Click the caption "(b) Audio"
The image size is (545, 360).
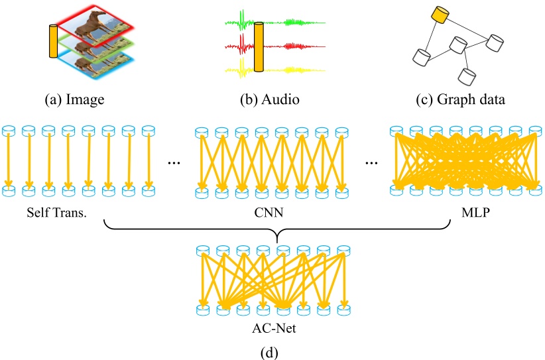click(270, 101)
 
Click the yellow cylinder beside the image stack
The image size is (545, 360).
click(53, 42)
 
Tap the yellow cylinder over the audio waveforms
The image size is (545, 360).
click(259, 46)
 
